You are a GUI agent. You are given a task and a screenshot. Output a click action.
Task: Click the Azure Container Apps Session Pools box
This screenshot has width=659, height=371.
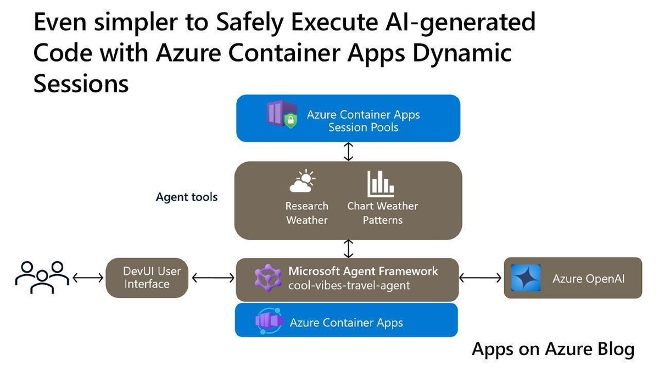(348, 118)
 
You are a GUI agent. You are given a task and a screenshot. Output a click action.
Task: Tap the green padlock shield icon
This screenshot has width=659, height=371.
(291, 121)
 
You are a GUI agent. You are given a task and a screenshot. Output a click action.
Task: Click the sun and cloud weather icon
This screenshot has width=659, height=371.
(304, 183)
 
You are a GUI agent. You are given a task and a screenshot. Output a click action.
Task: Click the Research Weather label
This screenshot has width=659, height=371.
(306, 213)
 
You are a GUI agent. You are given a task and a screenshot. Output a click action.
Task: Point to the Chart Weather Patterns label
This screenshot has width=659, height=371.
(382, 213)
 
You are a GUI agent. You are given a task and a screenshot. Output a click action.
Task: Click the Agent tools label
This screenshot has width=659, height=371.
(187, 197)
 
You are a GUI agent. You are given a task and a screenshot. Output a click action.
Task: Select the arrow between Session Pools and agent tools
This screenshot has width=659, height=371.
(348, 151)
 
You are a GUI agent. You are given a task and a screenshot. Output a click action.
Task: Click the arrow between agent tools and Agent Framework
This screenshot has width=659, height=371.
(348, 249)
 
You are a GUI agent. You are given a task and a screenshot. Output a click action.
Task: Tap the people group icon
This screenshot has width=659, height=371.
(42, 277)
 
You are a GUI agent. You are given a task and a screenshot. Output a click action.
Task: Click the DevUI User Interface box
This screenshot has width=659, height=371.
(147, 278)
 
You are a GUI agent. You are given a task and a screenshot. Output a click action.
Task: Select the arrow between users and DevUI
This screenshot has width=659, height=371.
(87, 278)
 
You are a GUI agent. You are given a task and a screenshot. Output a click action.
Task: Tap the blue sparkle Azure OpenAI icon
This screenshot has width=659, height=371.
(526, 278)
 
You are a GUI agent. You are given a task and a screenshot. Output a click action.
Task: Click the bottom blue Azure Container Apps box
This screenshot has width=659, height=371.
(346, 322)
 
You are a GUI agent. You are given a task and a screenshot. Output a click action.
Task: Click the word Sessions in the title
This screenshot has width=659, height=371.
(81, 84)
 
